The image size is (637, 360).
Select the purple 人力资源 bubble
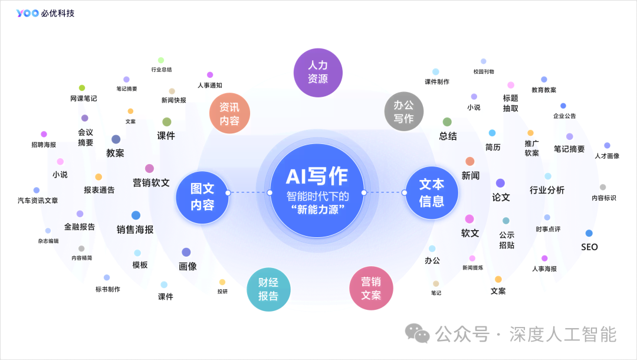318,73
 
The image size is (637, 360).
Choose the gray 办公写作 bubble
403,111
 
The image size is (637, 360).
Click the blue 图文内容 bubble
202,197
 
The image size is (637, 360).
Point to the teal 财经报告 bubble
268,289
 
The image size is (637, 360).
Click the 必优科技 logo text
58,13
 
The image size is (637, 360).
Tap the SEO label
589,247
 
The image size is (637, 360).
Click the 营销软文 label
151,183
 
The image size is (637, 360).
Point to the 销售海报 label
135,230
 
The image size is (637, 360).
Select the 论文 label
501,197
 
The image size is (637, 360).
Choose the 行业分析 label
547,190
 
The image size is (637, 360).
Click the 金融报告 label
80,227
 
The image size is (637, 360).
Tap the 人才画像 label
607,156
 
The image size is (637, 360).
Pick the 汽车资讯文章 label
38,201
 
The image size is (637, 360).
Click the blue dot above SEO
589,233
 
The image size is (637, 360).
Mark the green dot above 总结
447,122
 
